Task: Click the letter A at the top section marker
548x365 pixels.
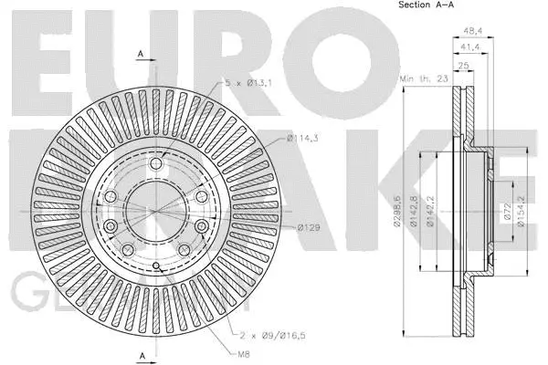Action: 141,55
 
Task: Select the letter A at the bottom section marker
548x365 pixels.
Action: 141,354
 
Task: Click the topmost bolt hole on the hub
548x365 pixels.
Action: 156,164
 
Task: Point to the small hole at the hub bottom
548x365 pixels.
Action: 156,266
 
